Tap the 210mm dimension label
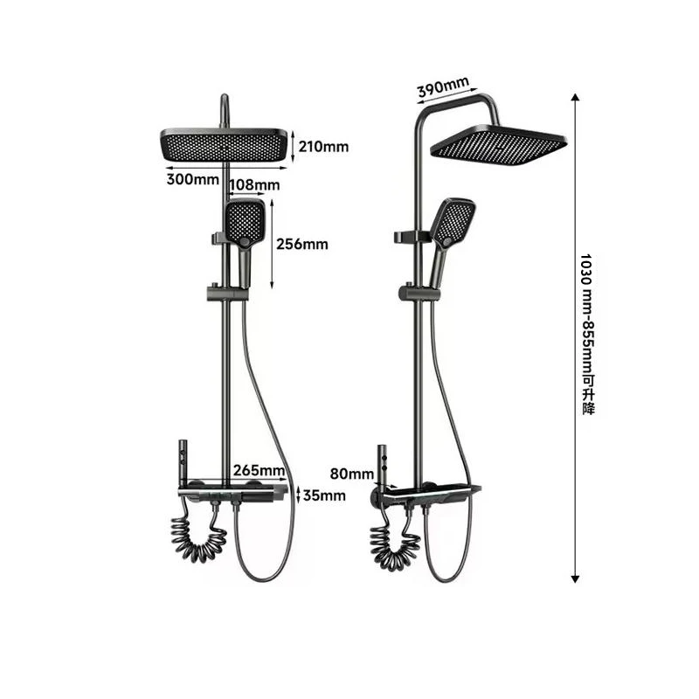pyautogui.click(x=324, y=146)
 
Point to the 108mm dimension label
pyautogui.click(x=254, y=184)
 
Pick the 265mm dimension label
pyautogui.click(x=260, y=471)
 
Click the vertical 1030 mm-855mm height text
pyautogui.click(x=587, y=335)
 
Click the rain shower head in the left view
pyautogui.click(x=224, y=144)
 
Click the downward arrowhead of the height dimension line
pyautogui.click(x=574, y=577)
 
